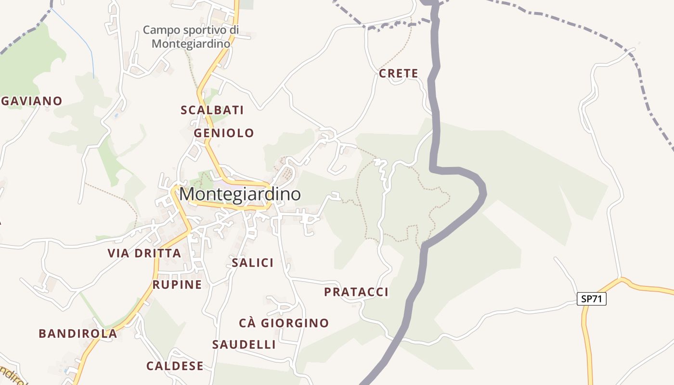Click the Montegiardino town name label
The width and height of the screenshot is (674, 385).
tap(240, 194)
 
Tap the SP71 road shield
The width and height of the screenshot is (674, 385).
tap(591, 299)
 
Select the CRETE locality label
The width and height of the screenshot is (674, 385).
tap(398, 74)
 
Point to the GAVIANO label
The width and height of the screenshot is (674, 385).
tap(32, 101)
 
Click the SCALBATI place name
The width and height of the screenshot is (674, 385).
tap(212, 110)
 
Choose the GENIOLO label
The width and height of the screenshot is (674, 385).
tap(224, 133)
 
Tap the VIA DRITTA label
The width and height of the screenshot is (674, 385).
tap(144, 253)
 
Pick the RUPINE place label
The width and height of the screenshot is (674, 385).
tap(177, 284)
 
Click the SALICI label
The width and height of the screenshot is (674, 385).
tap(252, 263)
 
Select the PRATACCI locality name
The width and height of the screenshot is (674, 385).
tap(356, 292)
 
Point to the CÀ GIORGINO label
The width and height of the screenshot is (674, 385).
tap(284, 323)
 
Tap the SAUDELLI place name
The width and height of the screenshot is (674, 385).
tap(244, 345)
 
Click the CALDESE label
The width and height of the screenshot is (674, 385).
tap(175, 366)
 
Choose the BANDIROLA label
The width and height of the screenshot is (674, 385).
tap(78, 334)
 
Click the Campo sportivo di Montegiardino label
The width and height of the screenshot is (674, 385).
tap(191, 37)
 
